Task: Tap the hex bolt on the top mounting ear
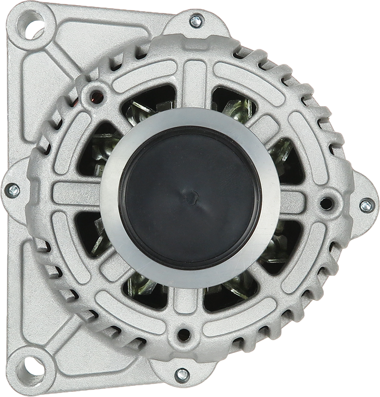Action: (196, 21)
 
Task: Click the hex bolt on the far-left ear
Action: (13, 191)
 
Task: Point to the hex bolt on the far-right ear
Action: (366, 205)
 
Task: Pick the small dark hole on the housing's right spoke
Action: (326, 203)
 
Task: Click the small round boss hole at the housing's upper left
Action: (97, 95)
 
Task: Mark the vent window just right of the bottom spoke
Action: (233, 290)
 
